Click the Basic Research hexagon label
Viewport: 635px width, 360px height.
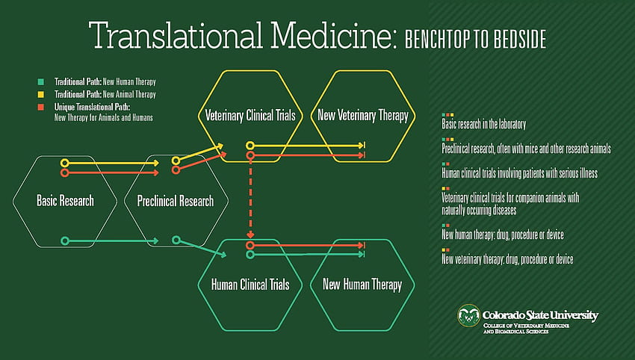coord(65,200)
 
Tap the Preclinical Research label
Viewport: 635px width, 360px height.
coord(176,201)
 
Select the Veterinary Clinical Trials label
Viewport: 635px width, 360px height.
coord(250,116)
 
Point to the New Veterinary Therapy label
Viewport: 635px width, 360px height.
coord(363,116)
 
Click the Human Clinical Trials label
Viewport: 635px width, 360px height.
coord(250,285)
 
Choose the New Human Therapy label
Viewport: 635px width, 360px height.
coord(362,285)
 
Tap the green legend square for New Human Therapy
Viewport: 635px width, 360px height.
coord(41,82)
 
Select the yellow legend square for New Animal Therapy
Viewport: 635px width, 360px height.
coord(41,94)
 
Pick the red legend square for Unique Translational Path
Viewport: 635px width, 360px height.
coord(41,107)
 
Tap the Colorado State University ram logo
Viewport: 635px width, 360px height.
coord(468,315)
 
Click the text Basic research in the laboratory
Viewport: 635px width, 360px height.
coord(483,124)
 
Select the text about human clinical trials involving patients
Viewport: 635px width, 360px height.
coord(520,173)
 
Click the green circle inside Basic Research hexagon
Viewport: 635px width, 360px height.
coord(64,241)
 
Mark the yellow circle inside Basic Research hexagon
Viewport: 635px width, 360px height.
coord(64,163)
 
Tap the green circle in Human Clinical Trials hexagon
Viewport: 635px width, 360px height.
coord(250,255)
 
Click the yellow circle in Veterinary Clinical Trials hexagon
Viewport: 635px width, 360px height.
coord(250,146)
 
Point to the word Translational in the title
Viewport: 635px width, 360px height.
coord(176,35)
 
